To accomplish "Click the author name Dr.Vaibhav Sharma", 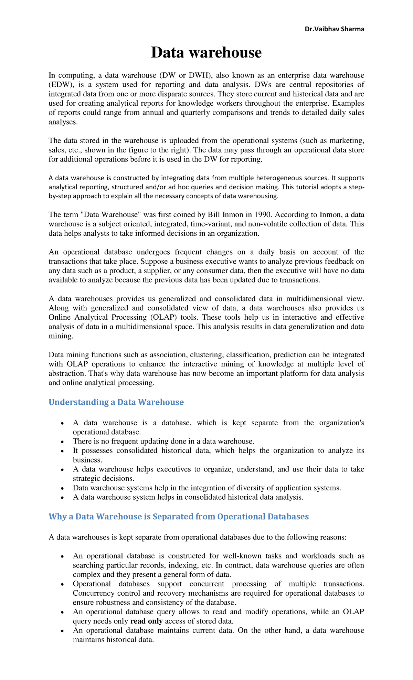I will [x=334, y=29].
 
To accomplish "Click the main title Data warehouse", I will [x=206, y=52].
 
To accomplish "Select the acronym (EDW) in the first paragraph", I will [x=60, y=85].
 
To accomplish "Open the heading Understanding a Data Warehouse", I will [x=116, y=402].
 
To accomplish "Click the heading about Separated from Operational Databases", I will [x=179, y=517].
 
